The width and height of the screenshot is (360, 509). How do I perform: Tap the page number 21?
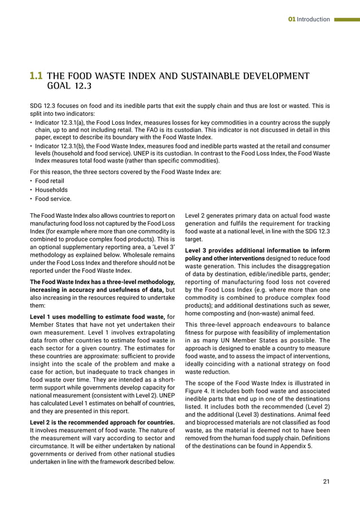326,481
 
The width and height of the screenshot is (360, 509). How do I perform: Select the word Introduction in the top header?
313,19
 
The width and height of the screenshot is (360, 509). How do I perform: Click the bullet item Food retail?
51,181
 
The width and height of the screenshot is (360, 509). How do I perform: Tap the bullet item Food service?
53,199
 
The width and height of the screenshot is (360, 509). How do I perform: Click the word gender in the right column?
319,274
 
